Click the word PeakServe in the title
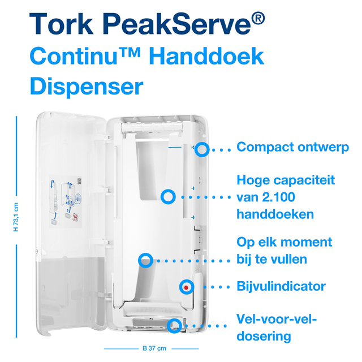click(176, 24)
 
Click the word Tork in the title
click(61, 24)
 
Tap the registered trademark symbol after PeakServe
click(258, 19)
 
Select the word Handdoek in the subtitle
click(206, 56)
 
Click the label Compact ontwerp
click(293, 147)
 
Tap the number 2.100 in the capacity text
click(279, 197)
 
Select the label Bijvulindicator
click(281, 286)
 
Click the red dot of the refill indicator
click(186, 287)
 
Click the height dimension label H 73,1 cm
click(16, 217)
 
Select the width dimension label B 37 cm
click(154, 348)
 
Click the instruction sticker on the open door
click(66, 201)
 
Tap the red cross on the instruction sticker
click(75, 217)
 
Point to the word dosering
click(264, 336)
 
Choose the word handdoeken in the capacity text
click(275, 214)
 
